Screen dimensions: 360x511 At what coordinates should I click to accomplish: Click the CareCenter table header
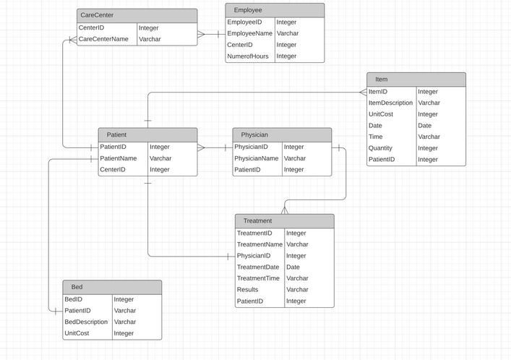click(137, 15)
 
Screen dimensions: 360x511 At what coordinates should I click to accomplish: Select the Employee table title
click(275, 10)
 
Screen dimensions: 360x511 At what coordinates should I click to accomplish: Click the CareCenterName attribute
click(103, 39)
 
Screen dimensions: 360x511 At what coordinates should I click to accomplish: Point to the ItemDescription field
click(390, 103)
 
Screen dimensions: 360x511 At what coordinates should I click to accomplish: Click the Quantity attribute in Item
click(382, 148)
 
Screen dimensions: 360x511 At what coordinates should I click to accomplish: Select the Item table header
click(416, 79)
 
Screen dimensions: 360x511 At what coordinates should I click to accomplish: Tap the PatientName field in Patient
click(119, 158)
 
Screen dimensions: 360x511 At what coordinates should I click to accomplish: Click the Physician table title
click(282, 134)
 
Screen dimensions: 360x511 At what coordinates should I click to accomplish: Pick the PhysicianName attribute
click(257, 158)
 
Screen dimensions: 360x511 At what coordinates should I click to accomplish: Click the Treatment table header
click(284, 220)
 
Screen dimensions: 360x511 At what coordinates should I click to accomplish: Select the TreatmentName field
click(259, 244)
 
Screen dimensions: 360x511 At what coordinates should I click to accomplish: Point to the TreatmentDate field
click(258, 267)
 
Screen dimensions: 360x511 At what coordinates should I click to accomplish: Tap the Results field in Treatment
click(248, 290)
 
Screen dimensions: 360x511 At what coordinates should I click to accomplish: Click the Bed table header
click(111, 287)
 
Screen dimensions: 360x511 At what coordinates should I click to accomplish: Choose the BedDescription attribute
click(86, 322)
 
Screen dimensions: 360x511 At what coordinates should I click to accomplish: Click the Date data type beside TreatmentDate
click(293, 267)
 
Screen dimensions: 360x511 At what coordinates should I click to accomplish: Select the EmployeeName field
click(249, 33)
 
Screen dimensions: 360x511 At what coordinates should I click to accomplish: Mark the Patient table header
click(147, 134)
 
